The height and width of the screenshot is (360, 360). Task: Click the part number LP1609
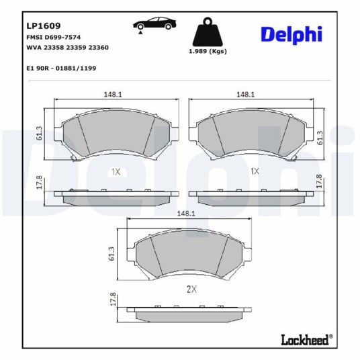point(44,26)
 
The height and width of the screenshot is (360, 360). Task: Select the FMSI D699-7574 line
point(54,37)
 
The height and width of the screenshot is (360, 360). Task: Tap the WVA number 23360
point(99,48)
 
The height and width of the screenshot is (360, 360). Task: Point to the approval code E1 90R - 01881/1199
point(61,69)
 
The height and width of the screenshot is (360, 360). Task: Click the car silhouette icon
point(154,24)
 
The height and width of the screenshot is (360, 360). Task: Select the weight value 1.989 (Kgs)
point(208,51)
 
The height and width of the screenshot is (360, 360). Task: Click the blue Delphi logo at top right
point(291,35)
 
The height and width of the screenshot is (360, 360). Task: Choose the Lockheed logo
point(307,339)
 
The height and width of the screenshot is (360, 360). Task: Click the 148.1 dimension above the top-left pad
point(113,94)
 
